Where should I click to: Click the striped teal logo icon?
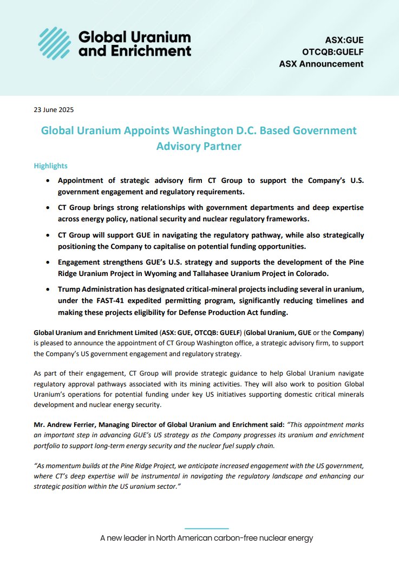(56, 43)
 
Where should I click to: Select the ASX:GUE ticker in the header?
(344, 40)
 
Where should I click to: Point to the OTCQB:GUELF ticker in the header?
(333, 52)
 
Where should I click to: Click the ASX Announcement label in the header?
(321, 64)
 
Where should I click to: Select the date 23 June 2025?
(54, 110)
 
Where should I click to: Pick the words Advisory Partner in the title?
(199, 146)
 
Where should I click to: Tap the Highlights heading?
(50, 166)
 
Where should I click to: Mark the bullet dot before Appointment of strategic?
(50, 181)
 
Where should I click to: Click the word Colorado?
(345, 273)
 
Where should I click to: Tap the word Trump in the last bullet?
(70, 290)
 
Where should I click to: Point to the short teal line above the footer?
(206, 528)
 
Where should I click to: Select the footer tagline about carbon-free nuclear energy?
(206, 538)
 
